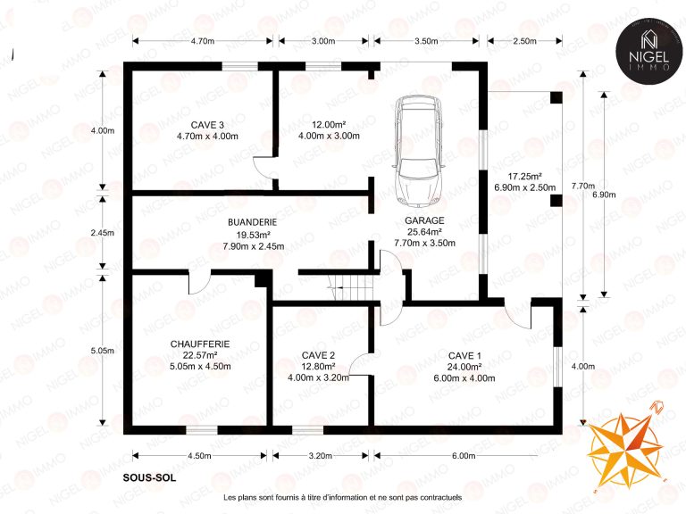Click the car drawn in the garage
[418, 151]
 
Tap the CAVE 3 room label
[207, 126]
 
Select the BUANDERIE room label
[253, 222]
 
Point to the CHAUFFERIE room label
[200, 344]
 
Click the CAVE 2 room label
[318, 355]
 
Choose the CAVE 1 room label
[464, 356]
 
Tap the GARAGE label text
[424, 220]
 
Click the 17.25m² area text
[525, 177]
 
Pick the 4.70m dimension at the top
[203, 41]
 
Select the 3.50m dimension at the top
[426, 41]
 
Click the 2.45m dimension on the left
[103, 233]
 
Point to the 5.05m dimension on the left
[103, 351]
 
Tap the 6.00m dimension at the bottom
[464, 456]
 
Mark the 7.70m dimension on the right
[583, 187]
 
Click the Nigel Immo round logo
[649, 50]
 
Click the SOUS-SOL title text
[150, 477]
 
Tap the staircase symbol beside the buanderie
[353, 287]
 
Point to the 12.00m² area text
[329, 124]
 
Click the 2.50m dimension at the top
[524, 41]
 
